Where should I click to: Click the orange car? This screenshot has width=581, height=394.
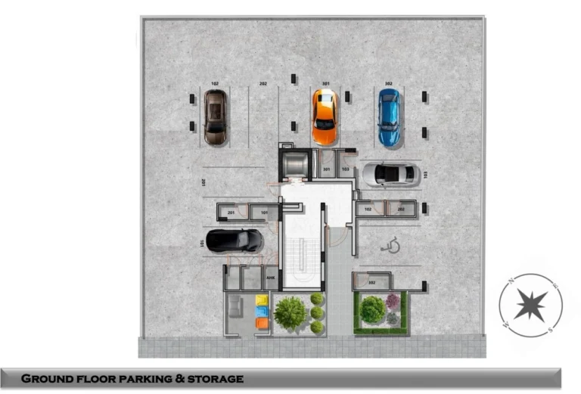coord(325,116)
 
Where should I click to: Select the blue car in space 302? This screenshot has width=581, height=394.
coord(389,117)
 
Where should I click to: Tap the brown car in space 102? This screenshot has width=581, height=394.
coord(216,117)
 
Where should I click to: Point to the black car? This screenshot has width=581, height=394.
coord(235,240)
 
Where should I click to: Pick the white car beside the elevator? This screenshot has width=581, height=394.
coord(390,175)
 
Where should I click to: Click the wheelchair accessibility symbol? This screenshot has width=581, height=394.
coord(391,245)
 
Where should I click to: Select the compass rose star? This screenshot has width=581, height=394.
coord(530,305)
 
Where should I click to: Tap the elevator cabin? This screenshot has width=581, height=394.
coord(294,164)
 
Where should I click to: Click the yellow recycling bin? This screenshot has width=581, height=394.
coord(262,300)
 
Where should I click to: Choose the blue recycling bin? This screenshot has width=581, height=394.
coord(262,312)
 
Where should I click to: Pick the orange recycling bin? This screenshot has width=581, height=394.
coord(262,324)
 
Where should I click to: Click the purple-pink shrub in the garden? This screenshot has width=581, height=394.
coord(393,302)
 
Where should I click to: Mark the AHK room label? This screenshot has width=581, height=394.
coord(270,278)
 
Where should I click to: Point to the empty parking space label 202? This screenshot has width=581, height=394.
coord(263,84)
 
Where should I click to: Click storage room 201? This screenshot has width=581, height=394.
coord(231,213)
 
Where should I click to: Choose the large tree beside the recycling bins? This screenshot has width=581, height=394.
coord(290,312)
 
